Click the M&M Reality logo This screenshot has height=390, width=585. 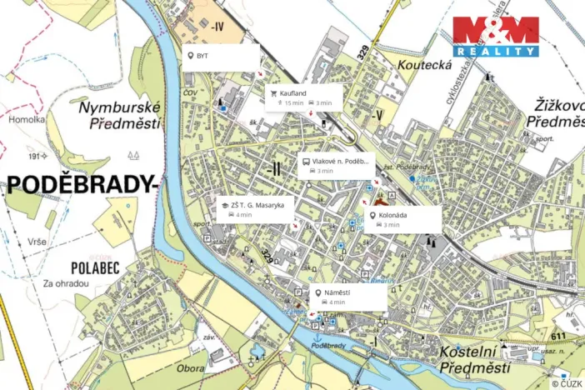click(496, 37)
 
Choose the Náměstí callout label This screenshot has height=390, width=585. click(348, 297)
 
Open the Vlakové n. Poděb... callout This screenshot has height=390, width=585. click(335, 165)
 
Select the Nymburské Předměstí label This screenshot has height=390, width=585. click(117, 116)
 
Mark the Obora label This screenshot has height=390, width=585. click(191, 366)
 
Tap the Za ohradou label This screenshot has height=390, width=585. click(66, 282)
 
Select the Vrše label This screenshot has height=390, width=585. click(35, 240)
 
